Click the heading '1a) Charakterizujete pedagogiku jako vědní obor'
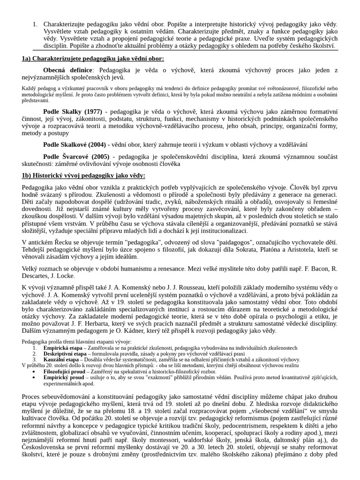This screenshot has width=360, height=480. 93,59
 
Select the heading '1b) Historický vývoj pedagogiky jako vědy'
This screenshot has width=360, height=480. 83,175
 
